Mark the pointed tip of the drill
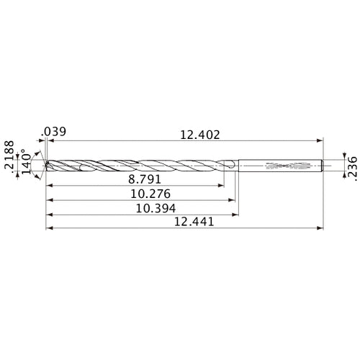46,166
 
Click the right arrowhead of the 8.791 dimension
220,185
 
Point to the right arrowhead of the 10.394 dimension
236,215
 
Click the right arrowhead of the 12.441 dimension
319,229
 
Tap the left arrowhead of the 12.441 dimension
48,229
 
